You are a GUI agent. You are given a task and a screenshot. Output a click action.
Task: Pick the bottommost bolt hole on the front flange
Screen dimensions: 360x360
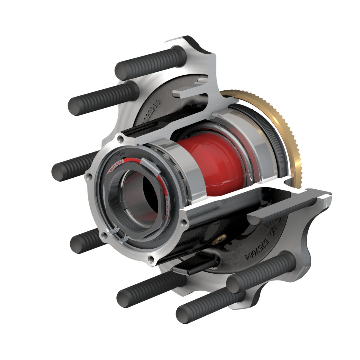[x=150, y=258]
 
